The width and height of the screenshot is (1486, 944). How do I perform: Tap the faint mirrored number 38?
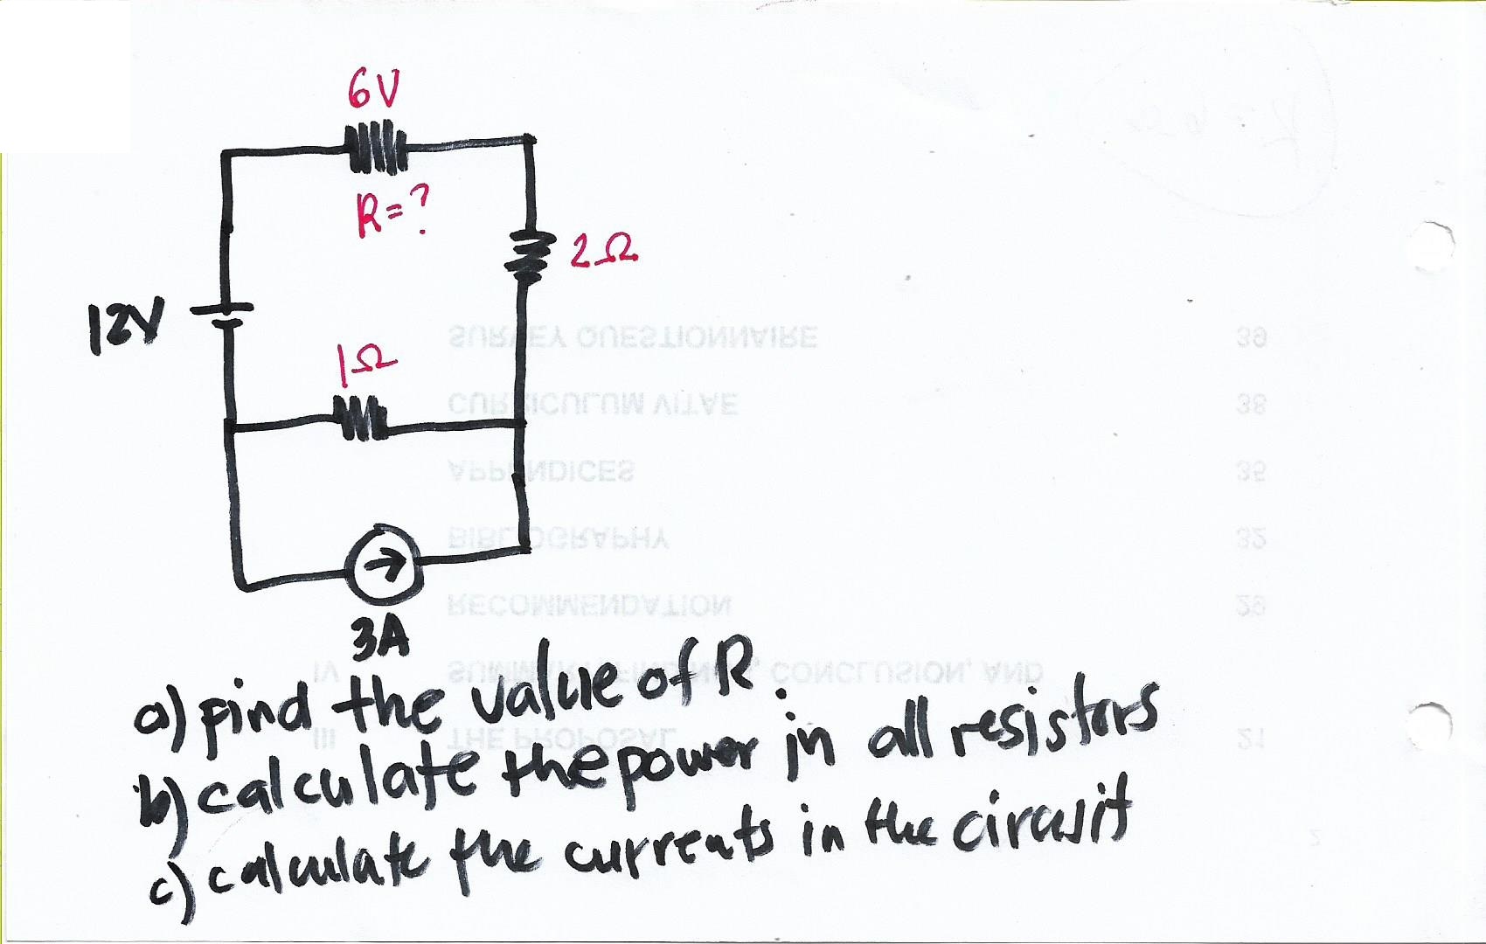click(1252, 406)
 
